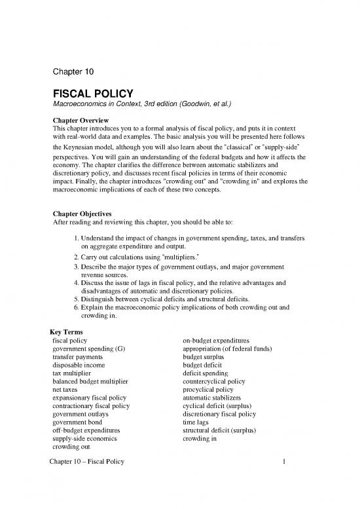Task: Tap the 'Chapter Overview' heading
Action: pyautogui.click(x=83, y=121)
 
